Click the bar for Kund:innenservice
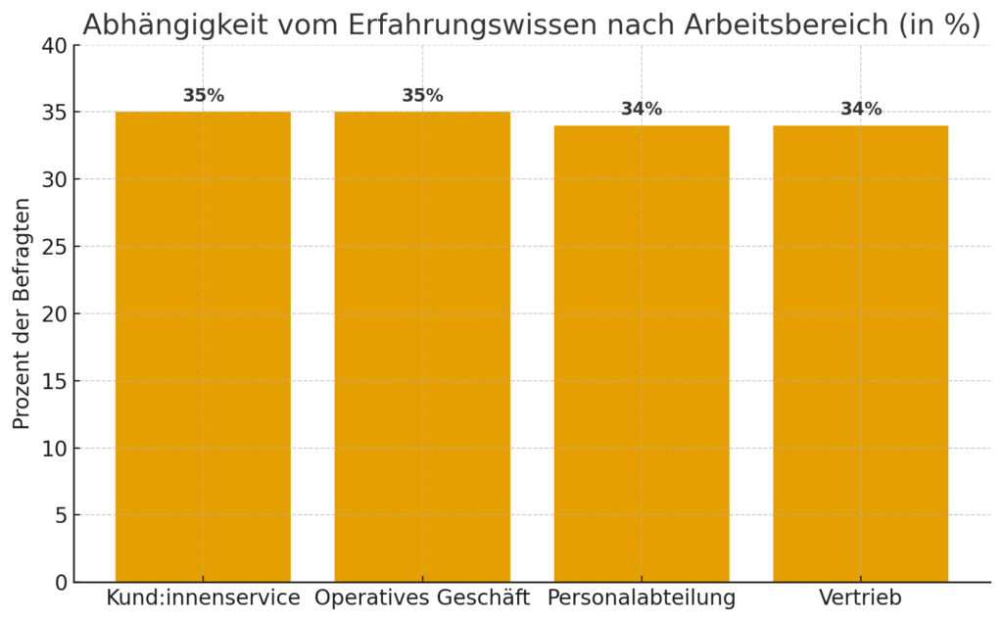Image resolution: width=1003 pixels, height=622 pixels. pyautogui.click(x=203, y=347)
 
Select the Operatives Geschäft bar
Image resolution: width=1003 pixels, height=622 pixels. pyautogui.click(x=422, y=347)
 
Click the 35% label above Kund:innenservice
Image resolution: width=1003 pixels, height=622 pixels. pyautogui.click(x=203, y=96)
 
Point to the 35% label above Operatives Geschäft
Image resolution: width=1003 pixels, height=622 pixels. pyautogui.click(x=422, y=96)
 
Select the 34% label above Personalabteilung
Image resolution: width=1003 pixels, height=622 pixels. pyautogui.click(x=642, y=110)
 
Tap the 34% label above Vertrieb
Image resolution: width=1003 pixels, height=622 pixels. pyautogui.click(x=861, y=110)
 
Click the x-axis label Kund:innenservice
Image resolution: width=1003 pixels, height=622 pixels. pyautogui.click(x=203, y=598)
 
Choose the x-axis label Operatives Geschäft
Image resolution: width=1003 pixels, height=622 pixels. pyautogui.click(x=422, y=598)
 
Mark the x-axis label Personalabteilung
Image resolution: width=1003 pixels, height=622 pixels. pyautogui.click(x=642, y=598)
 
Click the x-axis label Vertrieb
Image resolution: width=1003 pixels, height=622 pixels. pyautogui.click(x=861, y=598)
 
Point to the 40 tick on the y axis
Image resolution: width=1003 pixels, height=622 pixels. pyautogui.click(x=56, y=46)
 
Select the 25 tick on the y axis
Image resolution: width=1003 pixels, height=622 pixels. pyautogui.click(x=56, y=247)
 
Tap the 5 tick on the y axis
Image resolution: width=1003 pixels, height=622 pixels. pyautogui.click(x=61, y=515)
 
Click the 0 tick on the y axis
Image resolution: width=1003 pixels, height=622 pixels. pyautogui.click(x=61, y=583)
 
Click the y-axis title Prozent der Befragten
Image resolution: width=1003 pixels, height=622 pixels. pyautogui.click(x=23, y=313)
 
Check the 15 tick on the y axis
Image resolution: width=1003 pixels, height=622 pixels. pyautogui.click(x=56, y=381)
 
